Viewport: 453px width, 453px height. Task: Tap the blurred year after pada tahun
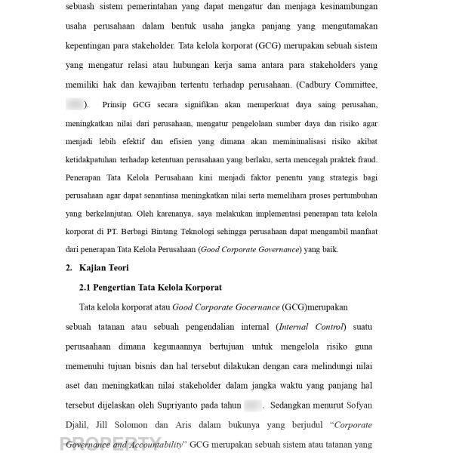pos(252,405)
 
